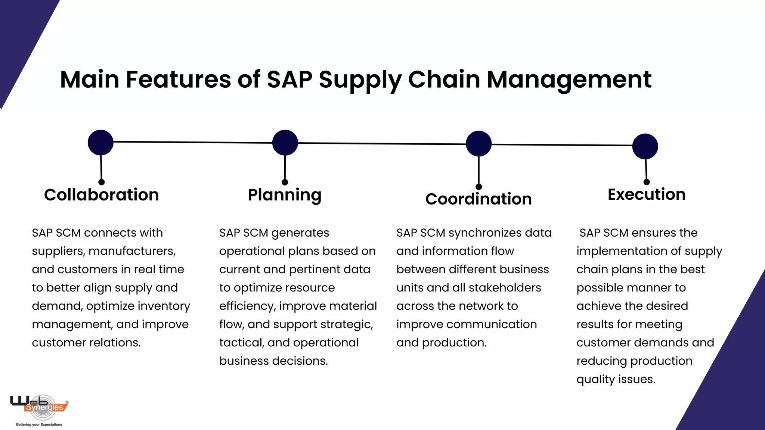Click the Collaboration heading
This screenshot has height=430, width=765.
point(101,195)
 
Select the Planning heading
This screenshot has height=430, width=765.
point(285,195)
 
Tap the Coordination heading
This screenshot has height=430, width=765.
point(478,199)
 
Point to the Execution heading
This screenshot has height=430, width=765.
point(647,194)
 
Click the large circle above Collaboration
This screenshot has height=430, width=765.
point(100,143)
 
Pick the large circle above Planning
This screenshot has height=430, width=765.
point(285,143)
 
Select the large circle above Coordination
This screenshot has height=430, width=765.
point(478,144)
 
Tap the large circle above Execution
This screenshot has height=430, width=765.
point(645,146)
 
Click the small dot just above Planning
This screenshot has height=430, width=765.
point(285,182)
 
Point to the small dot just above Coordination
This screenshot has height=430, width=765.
point(479,187)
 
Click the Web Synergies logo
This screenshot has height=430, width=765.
point(39,405)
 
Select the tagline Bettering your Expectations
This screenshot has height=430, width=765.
point(39,424)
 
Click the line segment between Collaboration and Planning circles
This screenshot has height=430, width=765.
point(192,142)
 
